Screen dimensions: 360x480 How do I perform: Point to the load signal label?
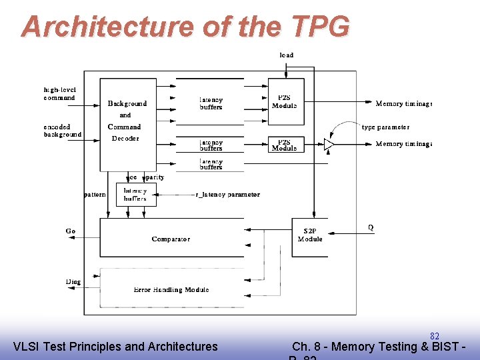coord(286,55)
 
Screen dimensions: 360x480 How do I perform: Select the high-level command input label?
coord(59,94)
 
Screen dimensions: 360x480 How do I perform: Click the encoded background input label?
coord(62,131)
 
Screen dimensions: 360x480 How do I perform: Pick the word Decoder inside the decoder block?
coord(125,139)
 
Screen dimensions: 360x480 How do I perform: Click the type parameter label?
coord(385,127)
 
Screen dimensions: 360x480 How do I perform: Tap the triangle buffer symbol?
coord(328,144)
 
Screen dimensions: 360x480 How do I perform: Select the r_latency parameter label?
coord(227,195)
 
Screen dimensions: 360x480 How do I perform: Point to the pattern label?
coord(95,195)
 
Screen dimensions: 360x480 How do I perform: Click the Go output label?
coord(71,231)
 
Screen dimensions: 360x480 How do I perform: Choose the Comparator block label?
coord(171,239)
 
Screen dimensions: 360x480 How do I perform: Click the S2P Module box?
coord(310,235)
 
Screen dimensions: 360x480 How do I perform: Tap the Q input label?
coord(371,228)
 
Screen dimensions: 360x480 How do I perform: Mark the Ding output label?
coord(73,282)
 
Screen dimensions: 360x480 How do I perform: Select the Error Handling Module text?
coord(171,289)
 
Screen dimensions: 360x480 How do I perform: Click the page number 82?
coord(434,337)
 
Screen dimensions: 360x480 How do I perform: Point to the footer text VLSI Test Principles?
coord(115,347)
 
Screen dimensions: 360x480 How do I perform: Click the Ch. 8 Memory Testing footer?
coord(378,347)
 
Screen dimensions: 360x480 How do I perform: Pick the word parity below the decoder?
coord(154,177)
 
